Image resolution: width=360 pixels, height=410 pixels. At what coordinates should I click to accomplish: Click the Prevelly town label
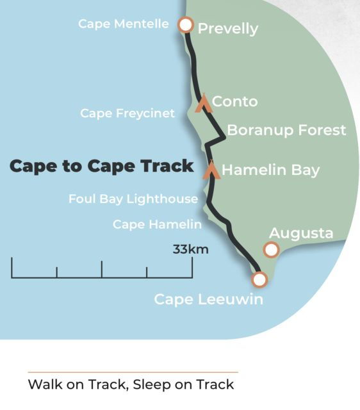[227, 29]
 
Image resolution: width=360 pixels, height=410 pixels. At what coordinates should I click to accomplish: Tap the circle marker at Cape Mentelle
[185, 25]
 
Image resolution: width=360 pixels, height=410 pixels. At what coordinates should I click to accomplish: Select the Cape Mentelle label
[124, 24]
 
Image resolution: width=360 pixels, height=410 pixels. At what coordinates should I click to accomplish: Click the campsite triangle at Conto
[204, 102]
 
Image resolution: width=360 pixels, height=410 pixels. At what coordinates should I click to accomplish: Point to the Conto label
[234, 101]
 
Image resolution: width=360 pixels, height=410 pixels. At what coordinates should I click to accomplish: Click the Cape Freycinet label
[127, 113]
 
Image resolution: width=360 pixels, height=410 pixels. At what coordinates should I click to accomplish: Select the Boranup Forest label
[286, 130]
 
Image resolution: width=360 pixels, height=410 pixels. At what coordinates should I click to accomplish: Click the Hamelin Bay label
[270, 170]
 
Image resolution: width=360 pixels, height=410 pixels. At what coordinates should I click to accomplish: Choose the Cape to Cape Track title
[101, 167]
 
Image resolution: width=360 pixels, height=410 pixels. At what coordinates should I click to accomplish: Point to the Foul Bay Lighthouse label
[133, 199]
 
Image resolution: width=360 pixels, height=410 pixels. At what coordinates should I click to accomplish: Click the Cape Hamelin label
[157, 224]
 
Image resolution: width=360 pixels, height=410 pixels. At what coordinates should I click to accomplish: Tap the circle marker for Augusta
[272, 250]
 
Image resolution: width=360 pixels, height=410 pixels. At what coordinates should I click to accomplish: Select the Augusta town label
[301, 233]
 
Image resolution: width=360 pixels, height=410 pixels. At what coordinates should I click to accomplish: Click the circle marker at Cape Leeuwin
[259, 279]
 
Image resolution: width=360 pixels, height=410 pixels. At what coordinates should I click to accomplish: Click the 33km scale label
[190, 249]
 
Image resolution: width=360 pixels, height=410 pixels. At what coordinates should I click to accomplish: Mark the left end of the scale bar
[12, 268]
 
